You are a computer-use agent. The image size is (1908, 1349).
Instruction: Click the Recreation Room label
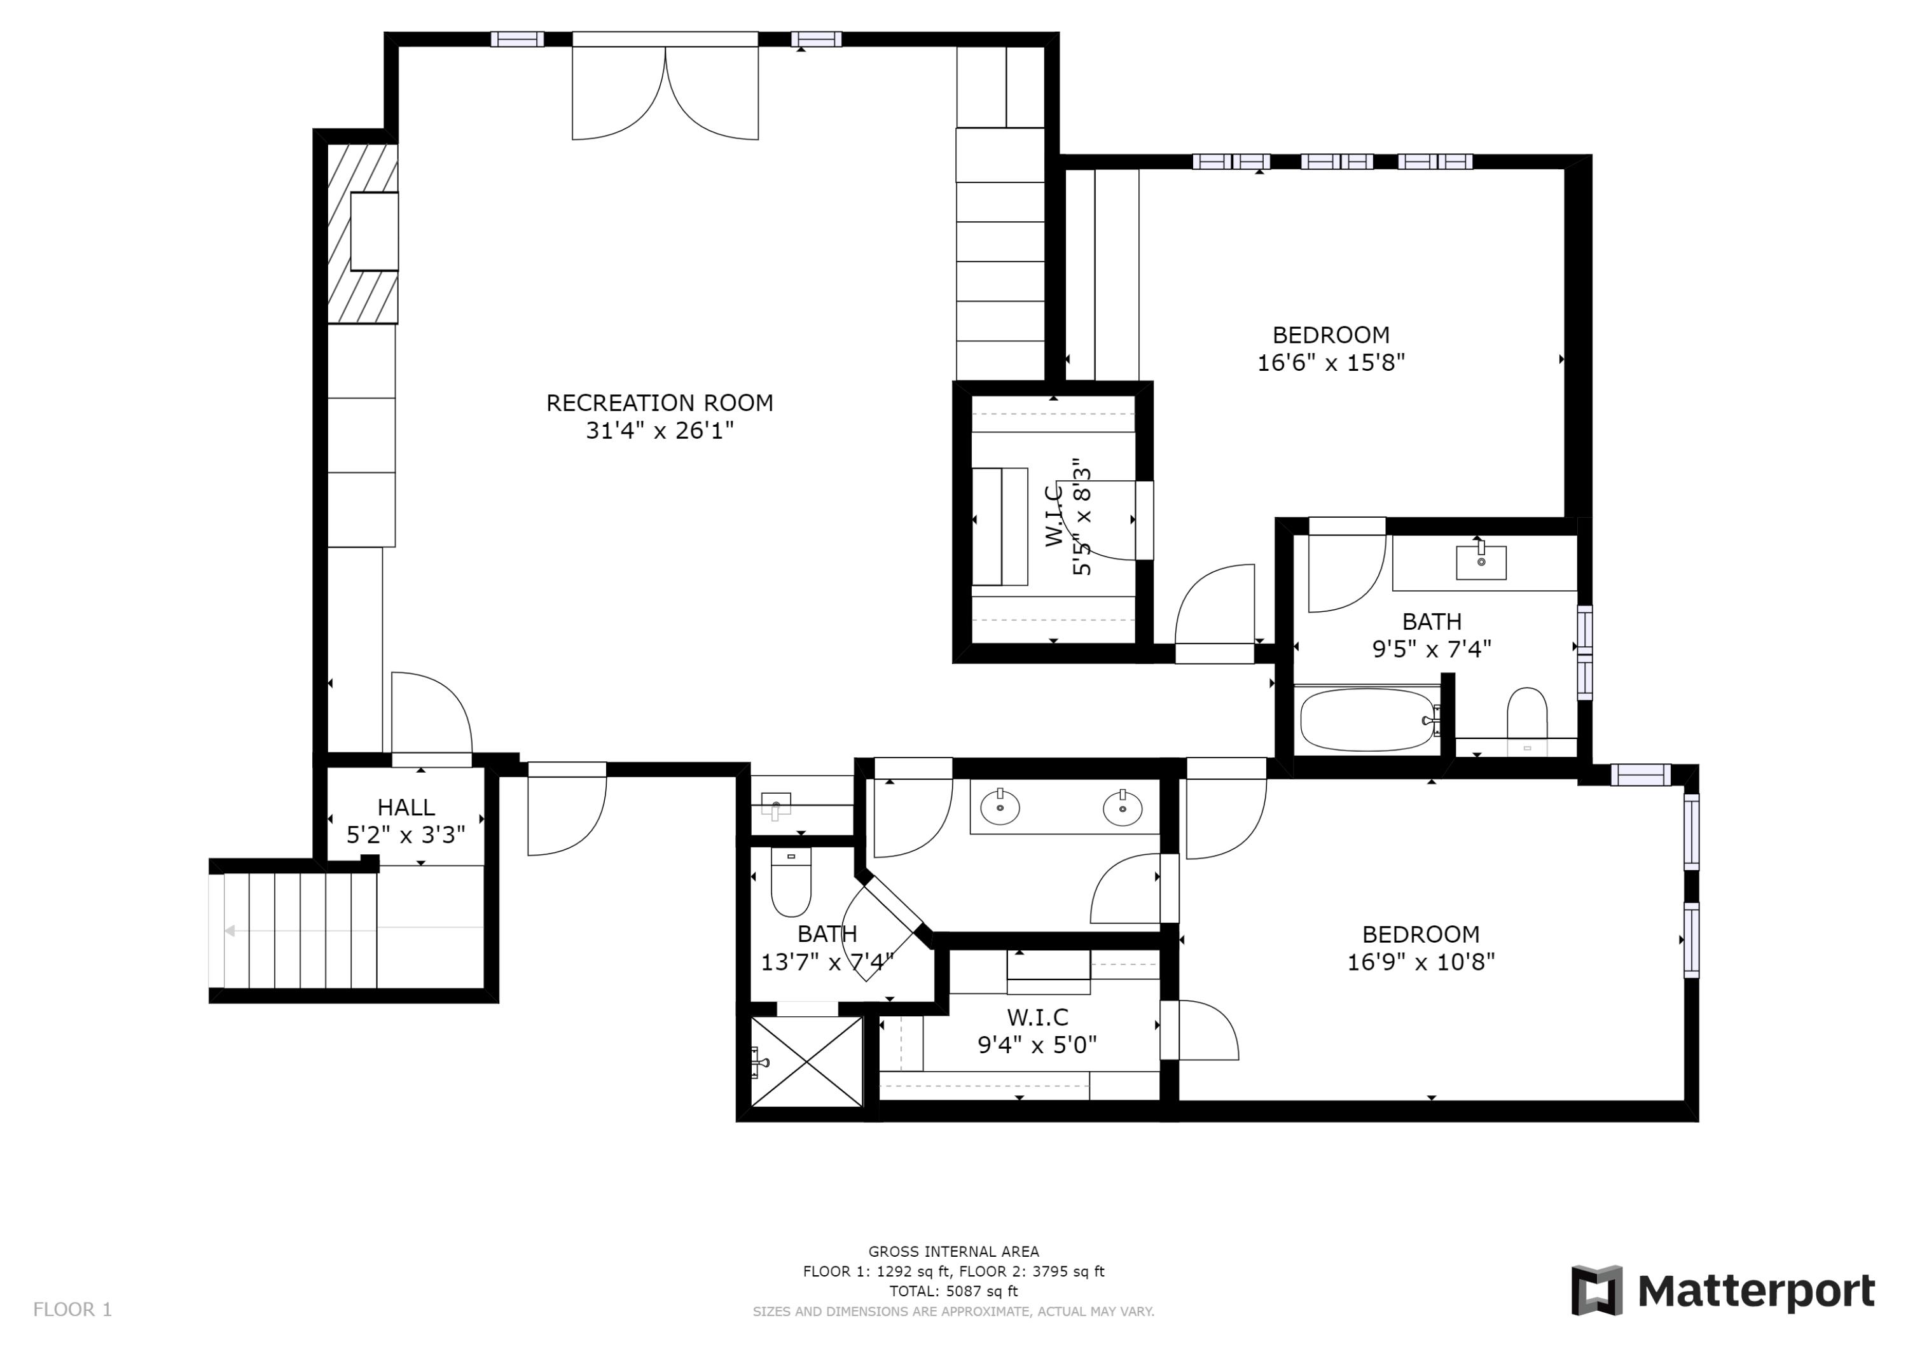point(659,403)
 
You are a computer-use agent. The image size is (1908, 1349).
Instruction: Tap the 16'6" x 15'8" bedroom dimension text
point(1331,363)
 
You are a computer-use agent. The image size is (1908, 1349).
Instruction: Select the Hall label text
point(406,807)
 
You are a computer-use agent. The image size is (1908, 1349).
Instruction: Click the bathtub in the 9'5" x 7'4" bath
point(1367,720)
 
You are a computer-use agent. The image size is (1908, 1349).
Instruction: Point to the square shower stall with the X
point(806,1062)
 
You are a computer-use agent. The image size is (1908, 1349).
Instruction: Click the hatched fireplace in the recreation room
point(363,233)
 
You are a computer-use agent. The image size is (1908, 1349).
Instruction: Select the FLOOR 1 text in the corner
point(73,1310)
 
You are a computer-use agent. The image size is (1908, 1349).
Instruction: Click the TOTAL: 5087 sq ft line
point(953,1291)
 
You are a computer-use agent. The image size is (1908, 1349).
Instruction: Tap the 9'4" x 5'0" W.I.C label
point(1037,1030)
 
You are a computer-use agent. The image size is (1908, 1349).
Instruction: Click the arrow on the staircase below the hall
point(230,931)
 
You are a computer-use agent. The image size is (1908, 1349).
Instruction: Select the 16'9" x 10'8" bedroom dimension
point(1420,962)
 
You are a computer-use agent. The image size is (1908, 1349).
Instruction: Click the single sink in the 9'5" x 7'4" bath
point(1481,562)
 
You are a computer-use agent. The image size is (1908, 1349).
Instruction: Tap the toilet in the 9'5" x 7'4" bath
point(1526,713)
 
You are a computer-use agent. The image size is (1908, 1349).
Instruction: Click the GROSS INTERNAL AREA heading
point(953,1251)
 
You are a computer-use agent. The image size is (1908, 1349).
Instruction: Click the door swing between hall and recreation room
point(432,715)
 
